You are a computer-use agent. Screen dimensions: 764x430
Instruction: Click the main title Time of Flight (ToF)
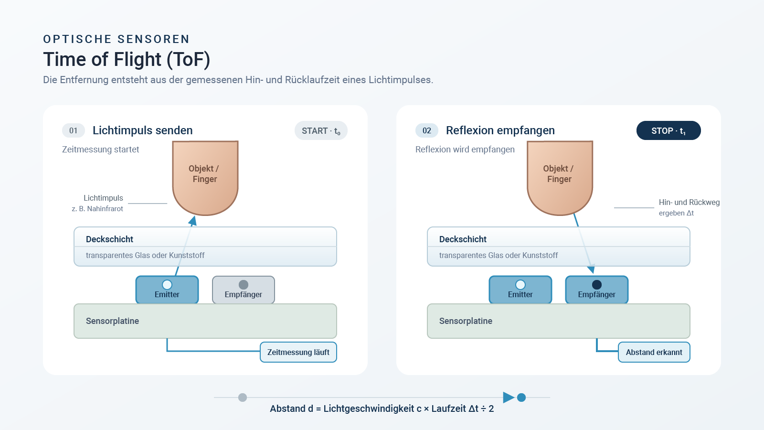click(x=127, y=59)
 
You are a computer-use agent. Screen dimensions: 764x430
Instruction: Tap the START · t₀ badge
click(x=321, y=130)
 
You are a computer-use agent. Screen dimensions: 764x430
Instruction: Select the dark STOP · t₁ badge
click(x=668, y=130)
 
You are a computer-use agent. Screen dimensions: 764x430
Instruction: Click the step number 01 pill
click(x=74, y=130)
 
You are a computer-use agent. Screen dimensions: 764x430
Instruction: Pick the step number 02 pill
click(x=427, y=130)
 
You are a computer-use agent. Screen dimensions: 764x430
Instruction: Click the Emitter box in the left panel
click(x=167, y=290)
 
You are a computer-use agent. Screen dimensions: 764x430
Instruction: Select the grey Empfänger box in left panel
click(x=244, y=290)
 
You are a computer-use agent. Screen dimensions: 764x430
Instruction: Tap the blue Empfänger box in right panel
click(x=597, y=290)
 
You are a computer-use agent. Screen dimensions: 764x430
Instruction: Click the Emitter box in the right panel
click(x=520, y=290)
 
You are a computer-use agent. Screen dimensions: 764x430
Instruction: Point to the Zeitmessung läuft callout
click(x=298, y=352)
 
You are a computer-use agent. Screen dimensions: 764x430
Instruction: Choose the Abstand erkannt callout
click(x=654, y=352)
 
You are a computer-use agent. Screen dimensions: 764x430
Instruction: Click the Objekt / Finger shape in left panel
click(x=205, y=178)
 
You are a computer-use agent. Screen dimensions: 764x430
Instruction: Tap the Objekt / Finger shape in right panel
click(x=560, y=178)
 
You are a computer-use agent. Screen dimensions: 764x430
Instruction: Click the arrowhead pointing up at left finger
click(x=193, y=221)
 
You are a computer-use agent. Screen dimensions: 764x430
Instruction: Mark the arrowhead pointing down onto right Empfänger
click(x=591, y=269)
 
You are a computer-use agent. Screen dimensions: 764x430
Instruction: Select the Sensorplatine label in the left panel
click(x=113, y=321)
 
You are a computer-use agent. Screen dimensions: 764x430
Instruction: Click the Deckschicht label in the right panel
click(x=463, y=239)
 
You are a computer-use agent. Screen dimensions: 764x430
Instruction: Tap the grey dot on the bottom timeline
click(x=243, y=398)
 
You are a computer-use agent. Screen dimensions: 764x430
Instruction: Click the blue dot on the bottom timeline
click(x=521, y=398)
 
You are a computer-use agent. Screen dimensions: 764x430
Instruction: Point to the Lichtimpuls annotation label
click(x=103, y=198)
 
